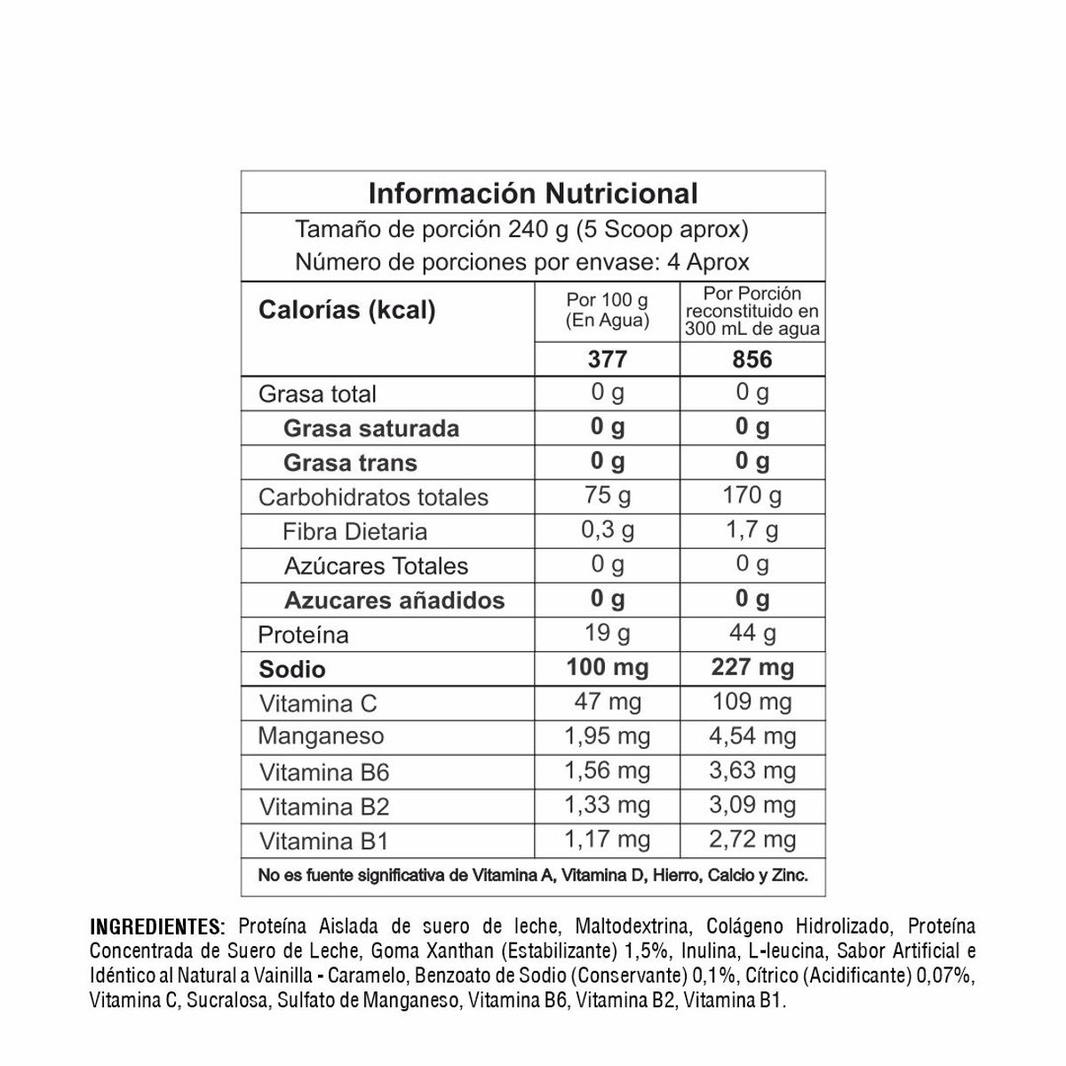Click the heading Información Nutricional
pyautogui.click(x=533, y=194)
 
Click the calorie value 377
pyautogui.click(x=608, y=359)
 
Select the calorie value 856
pyautogui.click(x=752, y=359)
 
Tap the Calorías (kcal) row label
pyautogui.click(x=346, y=310)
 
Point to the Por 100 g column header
pyautogui.click(x=608, y=311)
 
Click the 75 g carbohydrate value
pyautogui.click(x=608, y=496)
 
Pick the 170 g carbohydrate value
pyautogui.click(x=752, y=496)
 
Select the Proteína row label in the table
pyautogui.click(x=303, y=635)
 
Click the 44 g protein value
pyautogui.click(x=752, y=633)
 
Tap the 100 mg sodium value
pyautogui.click(x=608, y=668)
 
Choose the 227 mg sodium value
pyautogui.click(x=752, y=668)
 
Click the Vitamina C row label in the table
pyautogui.click(x=318, y=704)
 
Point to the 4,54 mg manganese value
pyautogui.click(x=752, y=736)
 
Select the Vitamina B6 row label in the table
pyautogui.click(x=324, y=772)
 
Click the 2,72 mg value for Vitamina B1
pyautogui.click(x=752, y=839)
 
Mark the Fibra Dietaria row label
pyautogui.click(x=354, y=531)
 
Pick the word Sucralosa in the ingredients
pyautogui.click(x=227, y=1001)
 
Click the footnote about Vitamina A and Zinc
pyautogui.click(x=533, y=875)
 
